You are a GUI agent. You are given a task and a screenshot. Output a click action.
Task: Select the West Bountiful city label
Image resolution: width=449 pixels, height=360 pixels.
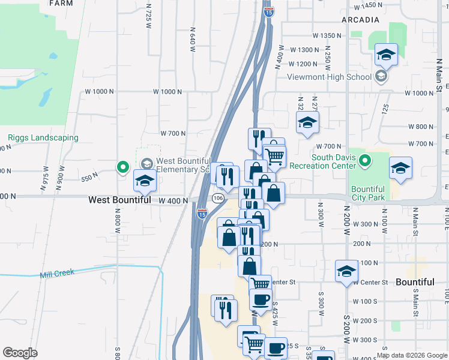pyautogui.click(x=119, y=200)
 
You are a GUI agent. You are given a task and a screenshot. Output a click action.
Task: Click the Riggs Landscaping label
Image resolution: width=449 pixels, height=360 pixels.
pyautogui.click(x=43, y=137)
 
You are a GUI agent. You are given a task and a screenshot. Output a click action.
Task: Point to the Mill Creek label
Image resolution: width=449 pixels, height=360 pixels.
pyautogui.click(x=57, y=273)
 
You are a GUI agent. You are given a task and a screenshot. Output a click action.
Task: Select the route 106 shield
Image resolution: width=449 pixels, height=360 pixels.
pyautogui.click(x=218, y=198)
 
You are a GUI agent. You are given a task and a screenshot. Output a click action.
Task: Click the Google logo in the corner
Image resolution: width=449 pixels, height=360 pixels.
pyautogui.click(x=20, y=353)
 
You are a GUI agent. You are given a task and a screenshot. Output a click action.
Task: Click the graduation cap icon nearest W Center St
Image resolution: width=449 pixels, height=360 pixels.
pyautogui.click(x=346, y=271)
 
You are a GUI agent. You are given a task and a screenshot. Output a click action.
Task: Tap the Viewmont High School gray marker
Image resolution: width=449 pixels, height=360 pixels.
pyautogui.click(x=381, y=76)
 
